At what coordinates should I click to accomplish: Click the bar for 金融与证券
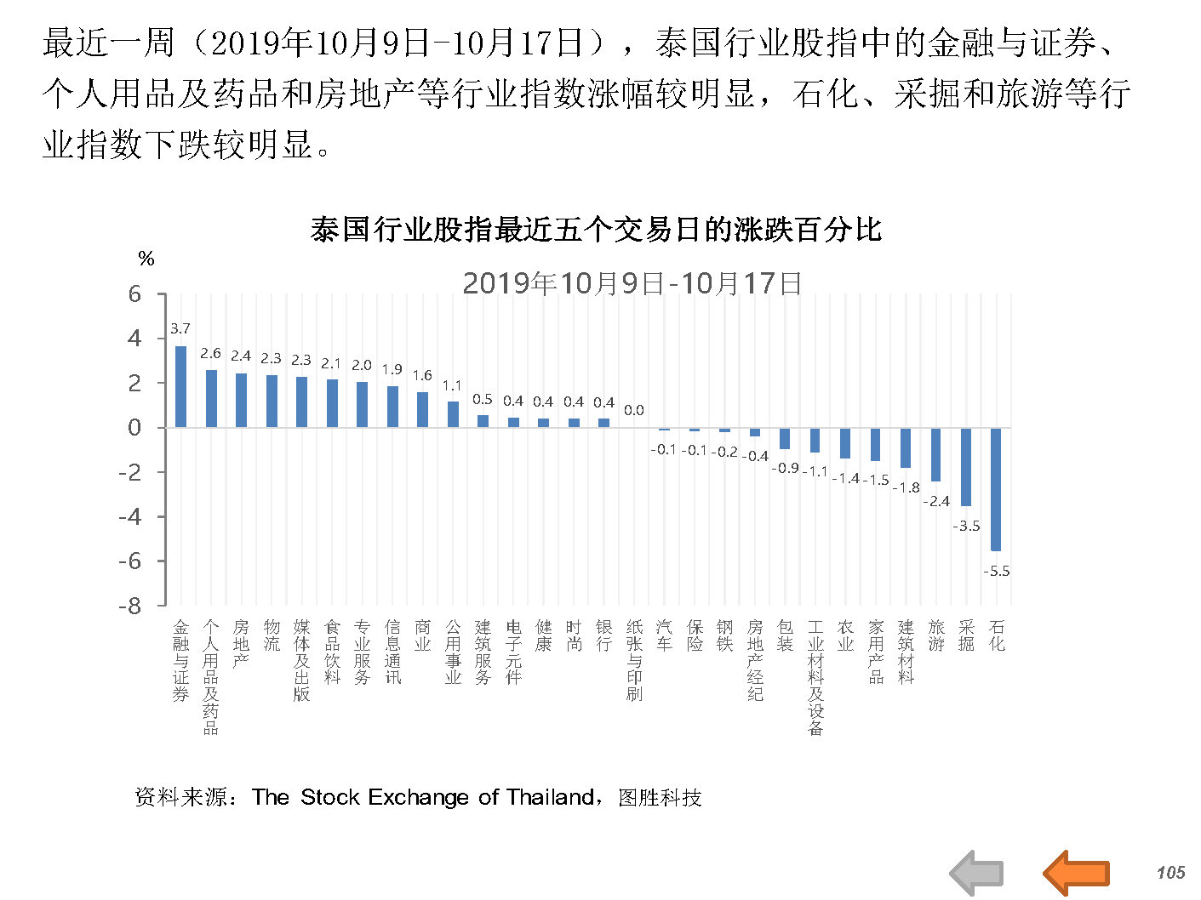click(180, 386)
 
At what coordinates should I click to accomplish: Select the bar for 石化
click(996, 488)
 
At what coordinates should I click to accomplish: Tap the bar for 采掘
click(966, 466)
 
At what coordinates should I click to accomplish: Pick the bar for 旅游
click(935, 454)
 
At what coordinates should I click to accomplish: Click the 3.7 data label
click(180, 328)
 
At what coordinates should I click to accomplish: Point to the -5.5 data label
click(996, 571)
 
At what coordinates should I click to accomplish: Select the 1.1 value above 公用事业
click(452, 385)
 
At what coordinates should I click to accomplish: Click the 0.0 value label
click(634, 410)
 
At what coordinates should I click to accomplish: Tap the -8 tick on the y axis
click(129, 606)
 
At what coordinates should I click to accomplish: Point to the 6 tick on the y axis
click(134, 294)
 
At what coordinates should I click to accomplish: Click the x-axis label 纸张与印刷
click(634, 660)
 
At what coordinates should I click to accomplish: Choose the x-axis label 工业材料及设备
click(815, 677)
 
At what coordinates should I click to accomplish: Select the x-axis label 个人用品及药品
click(211, 677)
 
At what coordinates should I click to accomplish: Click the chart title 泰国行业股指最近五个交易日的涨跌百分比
click(596, 230)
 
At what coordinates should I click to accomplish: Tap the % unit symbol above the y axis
click(146, 259)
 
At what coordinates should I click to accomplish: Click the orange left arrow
click(1076, 873)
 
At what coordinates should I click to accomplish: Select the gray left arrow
click(976, 873)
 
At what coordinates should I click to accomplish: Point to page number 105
click(1170, 872)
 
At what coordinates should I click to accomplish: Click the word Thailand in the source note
click(550, 797)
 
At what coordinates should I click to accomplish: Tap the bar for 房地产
click(241, 400)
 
